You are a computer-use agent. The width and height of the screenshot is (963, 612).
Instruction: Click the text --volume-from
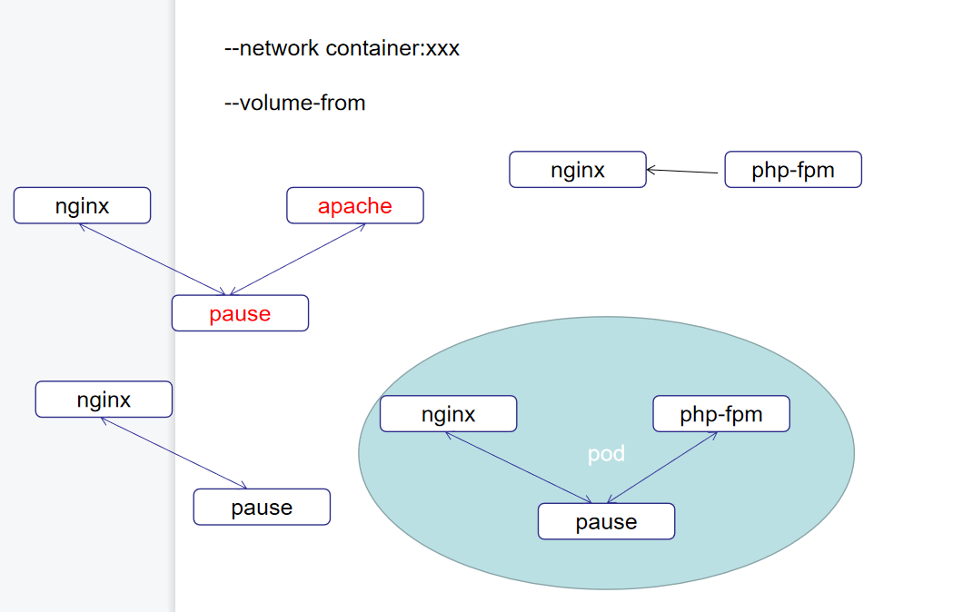(x=294, y=103)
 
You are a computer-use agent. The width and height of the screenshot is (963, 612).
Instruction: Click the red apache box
(x=355, y=205)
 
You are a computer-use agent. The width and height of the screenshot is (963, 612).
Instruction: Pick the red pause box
(x=240, y=313)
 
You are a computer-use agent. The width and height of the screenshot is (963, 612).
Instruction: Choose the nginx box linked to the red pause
(x=82, y=205)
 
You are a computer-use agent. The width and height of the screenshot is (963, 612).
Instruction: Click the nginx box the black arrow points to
(x=578, y=170)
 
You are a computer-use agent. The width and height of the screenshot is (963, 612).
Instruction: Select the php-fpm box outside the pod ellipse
(x=793, y=170)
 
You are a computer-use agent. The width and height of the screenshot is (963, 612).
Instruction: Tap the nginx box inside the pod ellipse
(x=449, y=414)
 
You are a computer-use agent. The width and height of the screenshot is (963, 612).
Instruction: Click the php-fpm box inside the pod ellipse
(x=721, y=414)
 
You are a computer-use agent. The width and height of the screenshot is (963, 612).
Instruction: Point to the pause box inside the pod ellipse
(x=607, y=521)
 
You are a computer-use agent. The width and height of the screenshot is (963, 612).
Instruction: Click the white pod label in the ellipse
(x=606, y=454)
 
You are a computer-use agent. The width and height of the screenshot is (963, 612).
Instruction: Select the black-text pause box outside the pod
(x=262, y=507)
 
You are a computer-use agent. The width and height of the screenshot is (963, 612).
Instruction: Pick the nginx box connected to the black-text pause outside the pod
(x=104, y=399)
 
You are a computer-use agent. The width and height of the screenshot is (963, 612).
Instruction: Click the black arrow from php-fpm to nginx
(x=685, y=171)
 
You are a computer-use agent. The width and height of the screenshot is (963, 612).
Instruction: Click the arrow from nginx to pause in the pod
(x=519, y=467)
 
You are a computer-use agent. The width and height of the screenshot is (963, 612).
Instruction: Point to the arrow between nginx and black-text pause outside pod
(x=174, y=453)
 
